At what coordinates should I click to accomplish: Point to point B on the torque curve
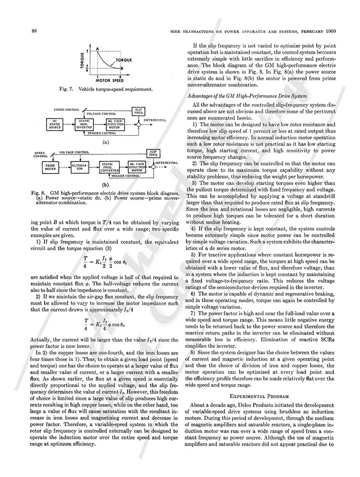tap(130, 67)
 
